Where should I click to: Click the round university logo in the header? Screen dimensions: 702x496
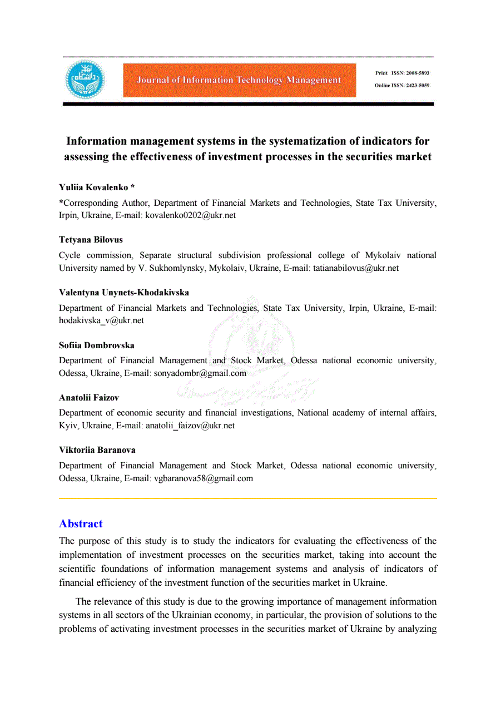[x=85, y=80]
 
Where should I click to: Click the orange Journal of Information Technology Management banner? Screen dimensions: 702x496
[x=239, y=80]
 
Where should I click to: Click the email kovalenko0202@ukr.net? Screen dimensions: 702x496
[x=190, y=215]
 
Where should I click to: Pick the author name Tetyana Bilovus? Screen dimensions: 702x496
[x=91, y=240]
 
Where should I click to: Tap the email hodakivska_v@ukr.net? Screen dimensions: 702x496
[x=101, y=320]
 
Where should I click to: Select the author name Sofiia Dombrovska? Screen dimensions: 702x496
[x=96, y=345]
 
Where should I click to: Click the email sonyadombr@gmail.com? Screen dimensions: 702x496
[x=199, y=373]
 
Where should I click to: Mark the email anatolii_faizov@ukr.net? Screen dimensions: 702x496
[x=190, y=425]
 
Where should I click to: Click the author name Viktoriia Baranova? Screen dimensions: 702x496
[x=97, y=449]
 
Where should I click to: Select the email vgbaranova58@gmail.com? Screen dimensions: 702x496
[x=203, y=478]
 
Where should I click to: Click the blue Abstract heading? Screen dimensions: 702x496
[x=81, y=523]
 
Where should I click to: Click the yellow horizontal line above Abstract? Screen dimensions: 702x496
[x=247, y=498]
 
